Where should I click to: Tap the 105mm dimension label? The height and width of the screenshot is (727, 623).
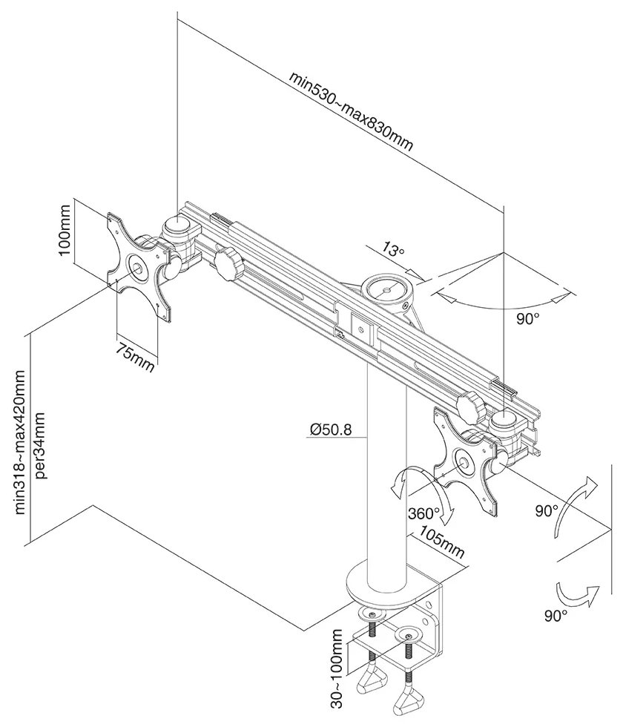[x=442, y=543]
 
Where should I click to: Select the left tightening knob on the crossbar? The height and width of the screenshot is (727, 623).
[x=227, y=264]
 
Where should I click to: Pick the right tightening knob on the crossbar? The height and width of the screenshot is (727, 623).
[x=469, y=405]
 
